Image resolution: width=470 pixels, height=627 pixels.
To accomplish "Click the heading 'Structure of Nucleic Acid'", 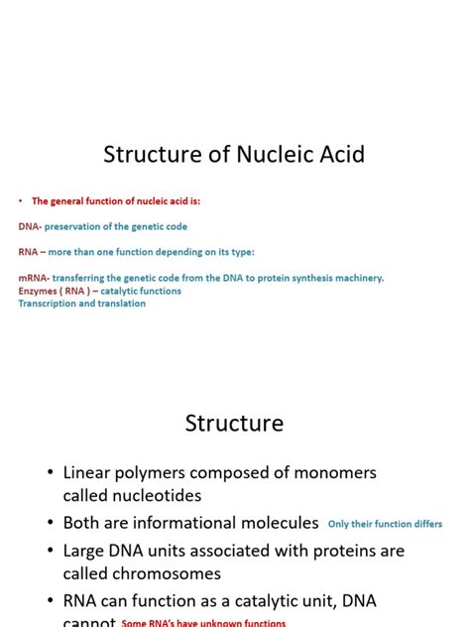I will [x=234, y=155].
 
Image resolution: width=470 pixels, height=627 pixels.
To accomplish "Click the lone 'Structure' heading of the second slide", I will [x=234, y=424].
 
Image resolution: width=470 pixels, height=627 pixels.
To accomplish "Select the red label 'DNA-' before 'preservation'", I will [x=30, y=226].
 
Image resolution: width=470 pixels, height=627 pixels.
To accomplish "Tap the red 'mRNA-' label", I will [x=34, y=278].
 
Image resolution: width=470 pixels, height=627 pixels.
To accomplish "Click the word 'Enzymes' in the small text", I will [x=38, y=291].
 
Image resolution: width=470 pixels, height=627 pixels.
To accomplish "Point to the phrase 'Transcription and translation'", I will [x=81, y=304].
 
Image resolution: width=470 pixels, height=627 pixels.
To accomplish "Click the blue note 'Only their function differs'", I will [x=385, y=524].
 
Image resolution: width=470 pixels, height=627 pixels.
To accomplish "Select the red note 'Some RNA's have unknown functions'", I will [x=203, y=623].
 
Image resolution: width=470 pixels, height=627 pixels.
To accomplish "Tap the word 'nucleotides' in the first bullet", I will [x=159, y=496].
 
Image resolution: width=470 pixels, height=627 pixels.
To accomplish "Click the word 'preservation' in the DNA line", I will [x=74, y=226].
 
